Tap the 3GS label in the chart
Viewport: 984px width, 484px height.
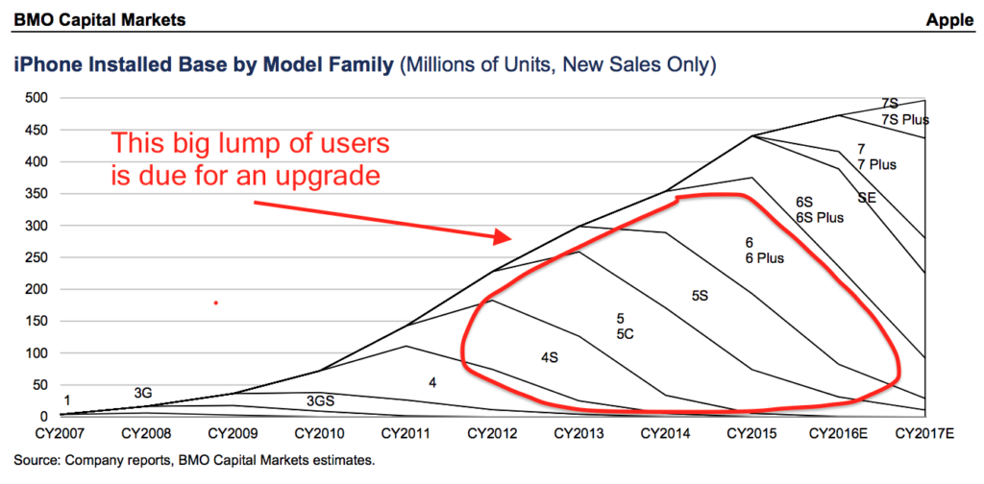point(321,400)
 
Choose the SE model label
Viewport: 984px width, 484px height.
point(867,198)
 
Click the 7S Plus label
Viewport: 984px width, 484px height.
point(904,119)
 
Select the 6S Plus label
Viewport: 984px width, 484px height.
point(819,217)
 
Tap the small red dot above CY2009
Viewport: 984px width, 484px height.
point(216,303)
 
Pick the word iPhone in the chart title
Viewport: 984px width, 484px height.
point(43,65)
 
